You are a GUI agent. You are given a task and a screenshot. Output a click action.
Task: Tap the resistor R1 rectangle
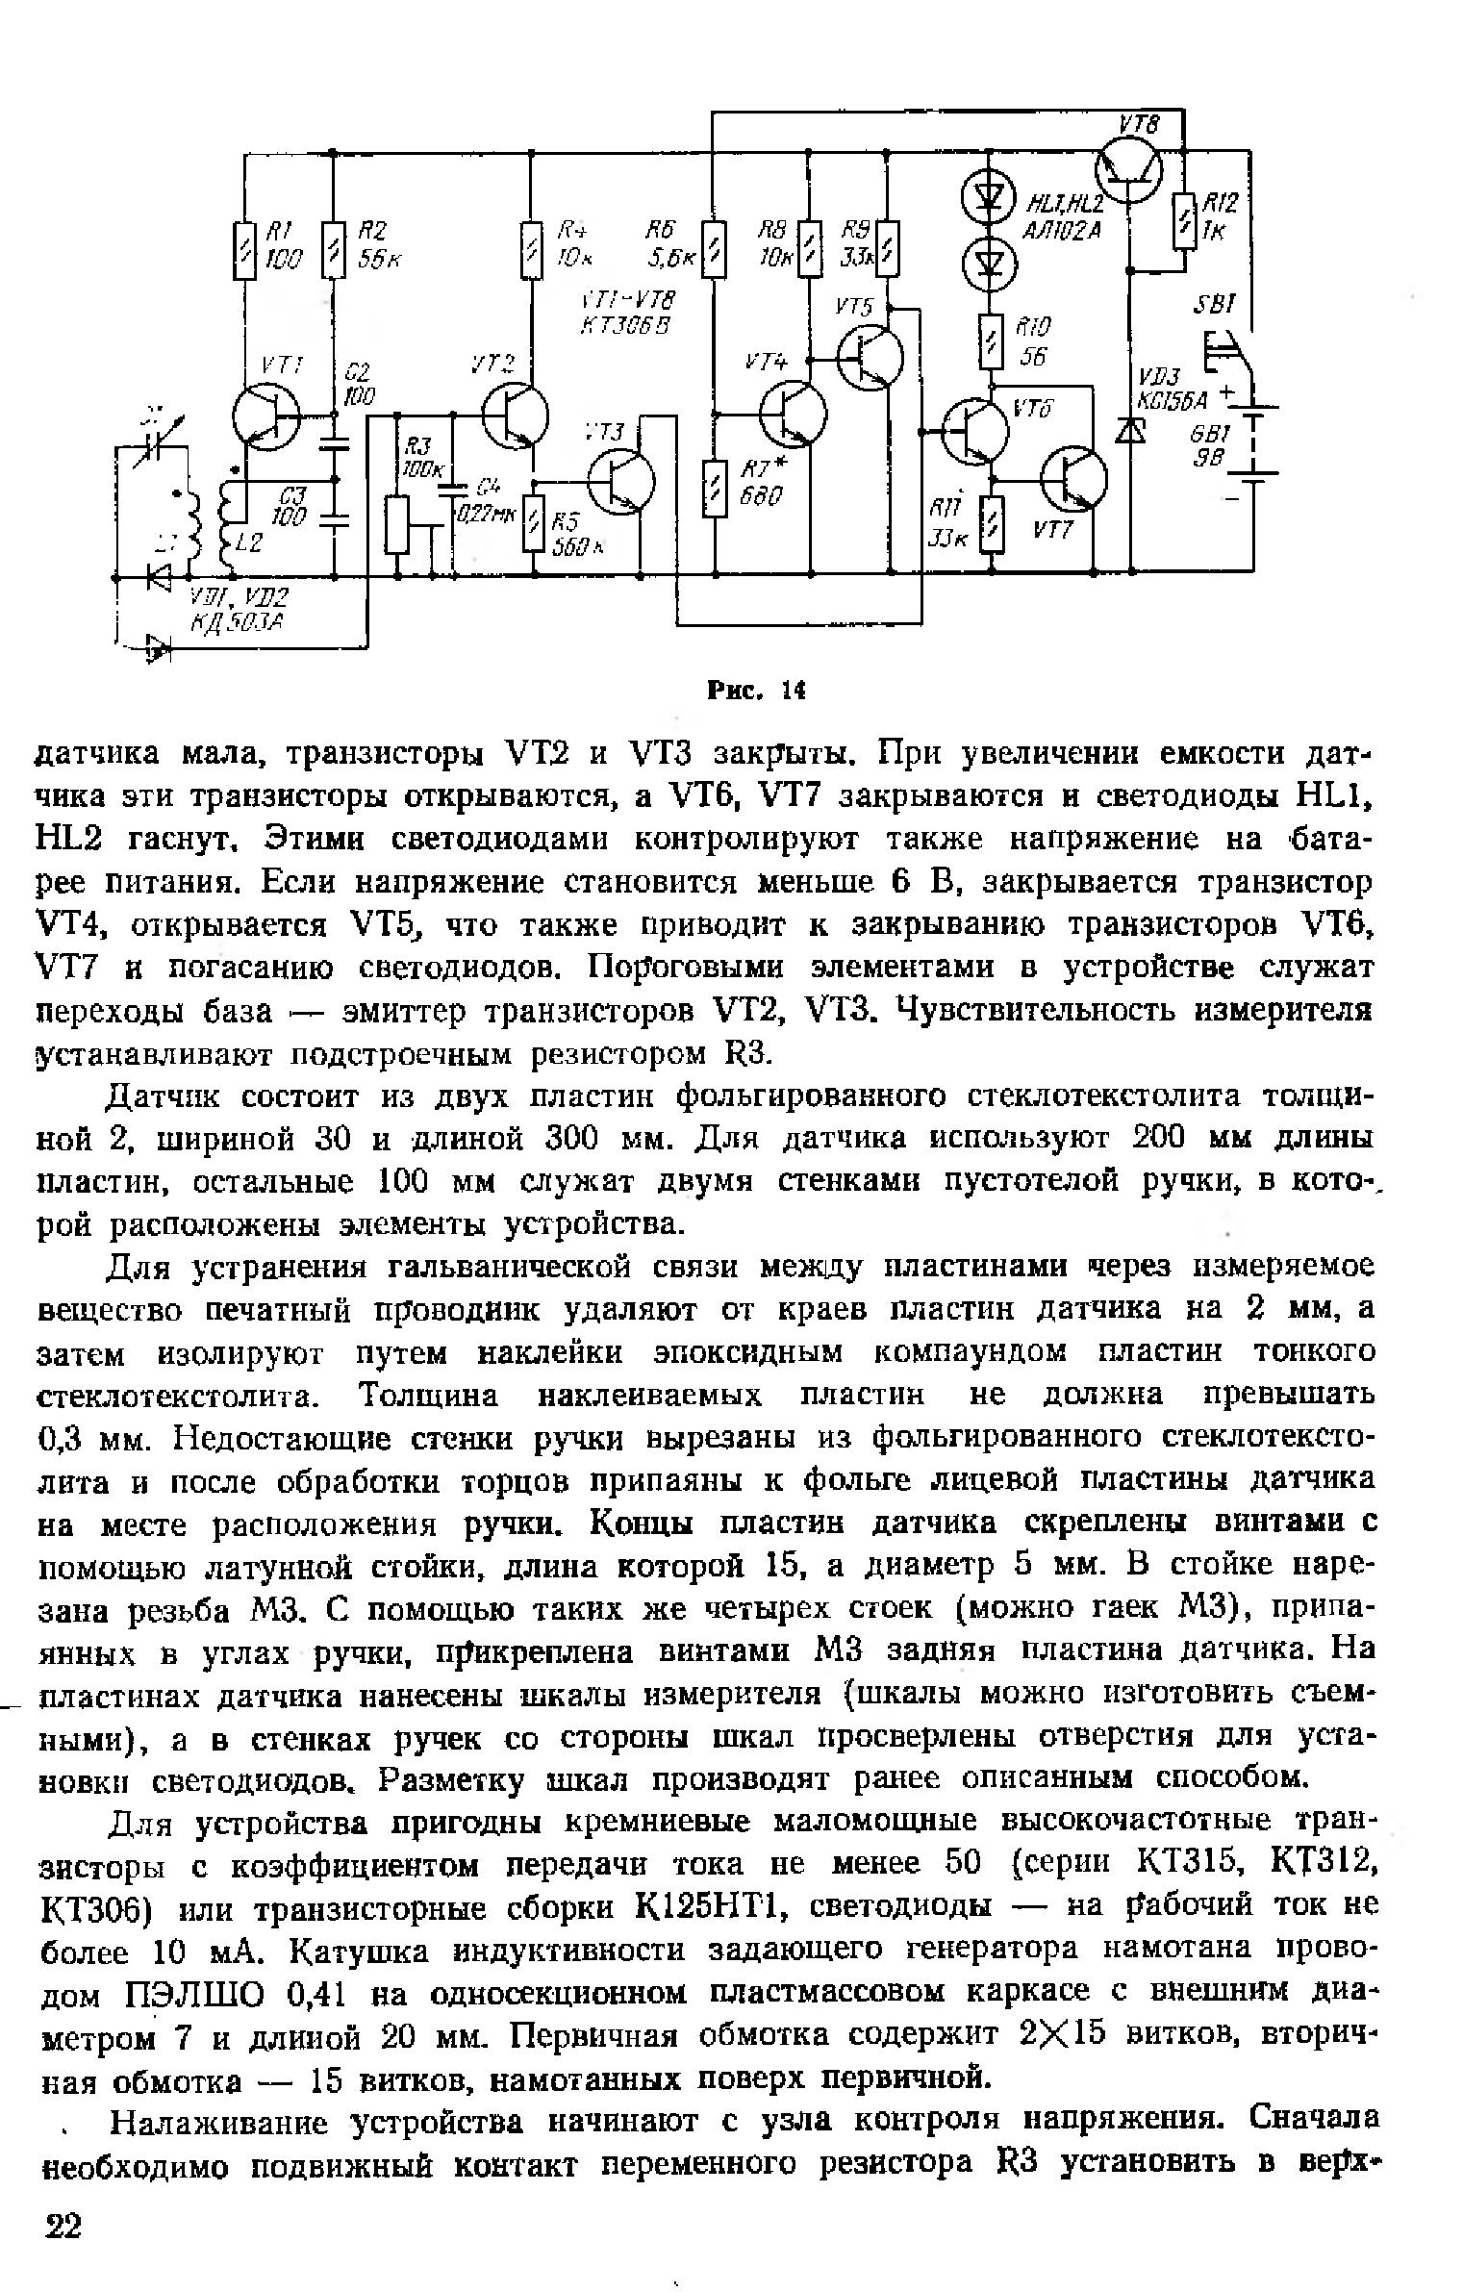click(246, 251)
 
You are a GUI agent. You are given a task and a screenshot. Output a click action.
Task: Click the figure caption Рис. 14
click(755, 691)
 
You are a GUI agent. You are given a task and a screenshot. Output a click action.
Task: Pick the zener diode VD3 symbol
click(1131, 432)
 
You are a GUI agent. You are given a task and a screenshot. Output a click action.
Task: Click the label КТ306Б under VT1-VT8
click(624, 326)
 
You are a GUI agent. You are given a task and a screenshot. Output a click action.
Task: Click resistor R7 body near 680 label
click(715, 489)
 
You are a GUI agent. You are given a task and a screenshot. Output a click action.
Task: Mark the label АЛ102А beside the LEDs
click(1063, 230)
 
